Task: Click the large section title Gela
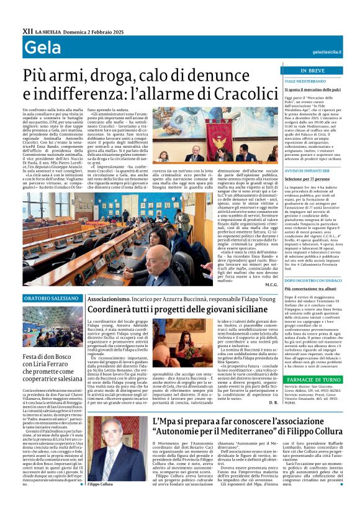point(38,50)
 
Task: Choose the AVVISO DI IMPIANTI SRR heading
point(308,170)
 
